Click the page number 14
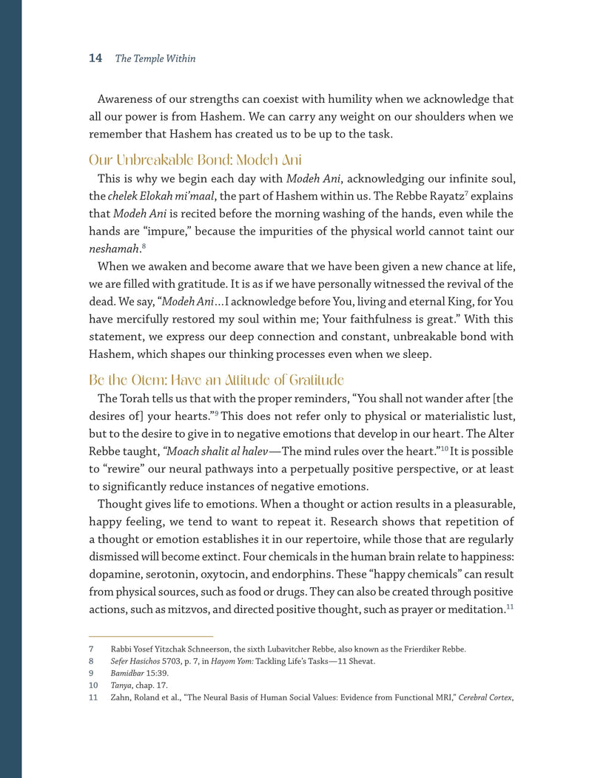[x=95, y=58]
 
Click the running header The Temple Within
[x=155, y=59]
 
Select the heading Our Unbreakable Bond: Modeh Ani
[x=195, y=160]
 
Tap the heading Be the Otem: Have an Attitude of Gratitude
[x=216, y=381]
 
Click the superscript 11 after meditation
[x=509, y=607]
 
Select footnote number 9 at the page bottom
[x=91, y=674]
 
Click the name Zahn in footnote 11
[x=121, y=697]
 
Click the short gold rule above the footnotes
[x=151, y=636]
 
